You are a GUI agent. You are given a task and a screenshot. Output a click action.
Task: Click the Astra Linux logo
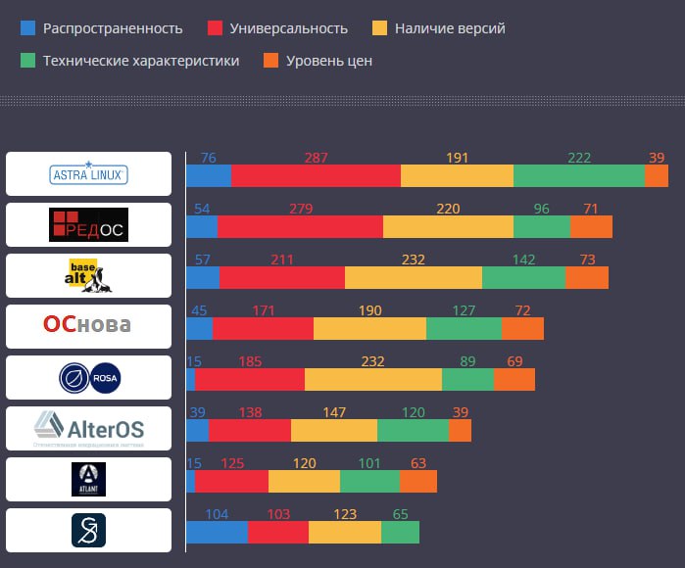[88, 174]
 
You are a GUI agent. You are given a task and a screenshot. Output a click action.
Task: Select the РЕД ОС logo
[88, 225]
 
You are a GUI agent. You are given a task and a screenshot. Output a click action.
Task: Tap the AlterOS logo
[88, 428]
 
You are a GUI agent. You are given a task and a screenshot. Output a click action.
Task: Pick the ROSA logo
[88, 378]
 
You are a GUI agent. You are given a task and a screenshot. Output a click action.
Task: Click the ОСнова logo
[88, 326]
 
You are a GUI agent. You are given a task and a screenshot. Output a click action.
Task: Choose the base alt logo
[88, 276]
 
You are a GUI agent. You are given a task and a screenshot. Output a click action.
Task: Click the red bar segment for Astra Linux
[316, 175]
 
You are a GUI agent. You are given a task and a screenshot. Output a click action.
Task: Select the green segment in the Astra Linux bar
[578, 175]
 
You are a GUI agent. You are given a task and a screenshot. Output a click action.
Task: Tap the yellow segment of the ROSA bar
[372, 379]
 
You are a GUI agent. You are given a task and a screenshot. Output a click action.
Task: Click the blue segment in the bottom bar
[217, 532]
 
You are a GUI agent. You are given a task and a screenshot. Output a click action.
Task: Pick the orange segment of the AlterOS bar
[460, 430]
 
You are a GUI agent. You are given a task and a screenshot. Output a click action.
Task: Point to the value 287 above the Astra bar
[316, 158]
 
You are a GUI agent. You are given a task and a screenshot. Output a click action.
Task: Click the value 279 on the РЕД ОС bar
[301, 209]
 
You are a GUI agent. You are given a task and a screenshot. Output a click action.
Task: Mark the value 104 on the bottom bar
[217, 514]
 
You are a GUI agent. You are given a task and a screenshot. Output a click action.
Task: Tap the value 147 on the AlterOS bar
[334, 412]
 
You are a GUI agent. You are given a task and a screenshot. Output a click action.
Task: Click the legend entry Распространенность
[113, 28]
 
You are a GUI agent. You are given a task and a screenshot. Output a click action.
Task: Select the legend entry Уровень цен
[328, 61]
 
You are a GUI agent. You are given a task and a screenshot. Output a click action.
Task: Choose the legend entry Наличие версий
[450, 28]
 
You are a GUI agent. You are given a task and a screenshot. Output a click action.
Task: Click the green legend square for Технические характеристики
[27, 61]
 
